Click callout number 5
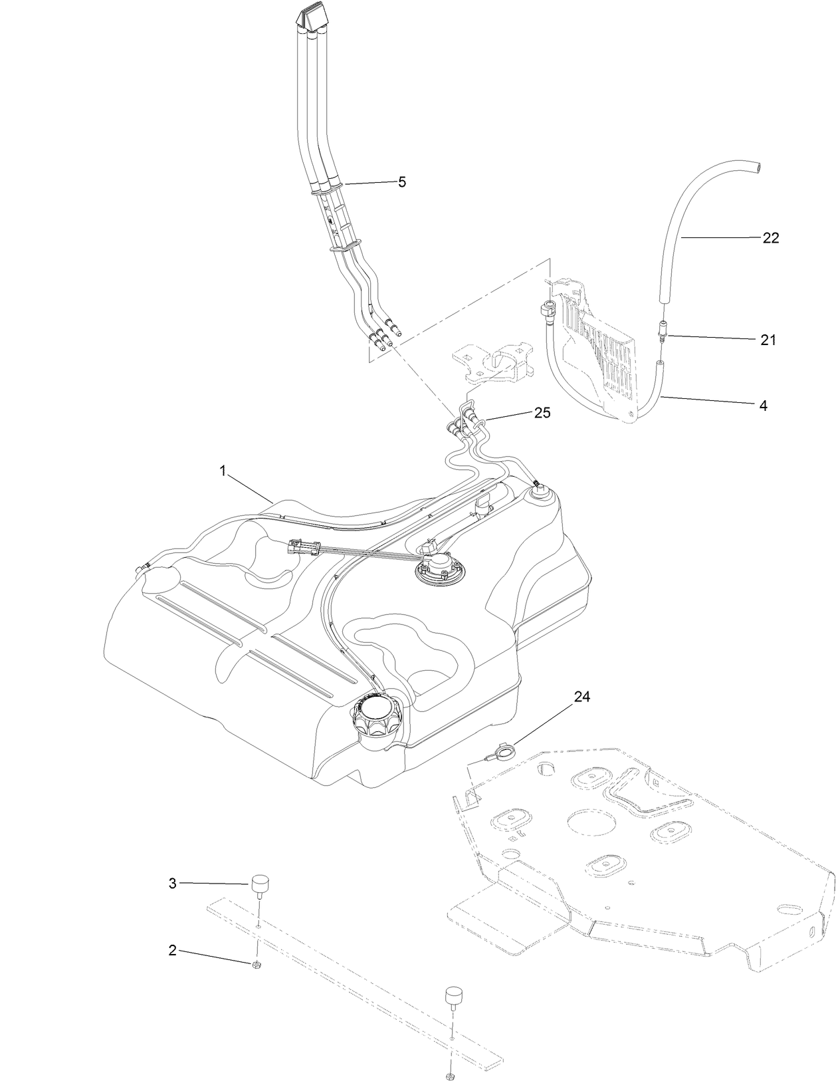click(x=401, y=182)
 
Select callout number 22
click(x=770, y=237)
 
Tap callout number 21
click(x=768, y=340)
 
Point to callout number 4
click(x=763, y=404)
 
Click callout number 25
click(x=542, y=412)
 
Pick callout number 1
click(x=223, y=470)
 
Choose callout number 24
click(x=581, y=697)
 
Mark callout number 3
click(x=172, y=884)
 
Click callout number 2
click(x=172, y=951)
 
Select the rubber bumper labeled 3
click(x=259, y=886)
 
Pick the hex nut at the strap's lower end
click(x=451, y=1076)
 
